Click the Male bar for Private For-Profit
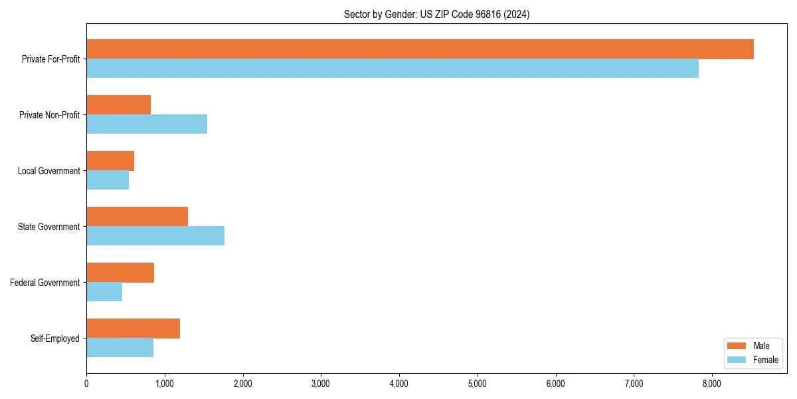coord(420,49)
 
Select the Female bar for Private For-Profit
coord(393,68)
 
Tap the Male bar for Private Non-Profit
coord(118,105)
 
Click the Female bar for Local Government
coord(108,180)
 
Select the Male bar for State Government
coord(137,217)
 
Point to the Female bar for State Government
coord(155,236)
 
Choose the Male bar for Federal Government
coord(120,273)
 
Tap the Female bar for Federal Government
coord(104,292)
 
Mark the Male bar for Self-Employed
coord(133,329)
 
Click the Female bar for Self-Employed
coord(120,348)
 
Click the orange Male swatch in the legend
coord(737,346)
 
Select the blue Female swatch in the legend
coord(737,360)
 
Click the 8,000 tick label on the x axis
coord(712,383)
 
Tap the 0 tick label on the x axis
coord(86,383)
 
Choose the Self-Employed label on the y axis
coord(54,338)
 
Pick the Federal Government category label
coord(45,283)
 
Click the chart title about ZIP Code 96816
coord(436,14)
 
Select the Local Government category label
coord(48,171)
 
